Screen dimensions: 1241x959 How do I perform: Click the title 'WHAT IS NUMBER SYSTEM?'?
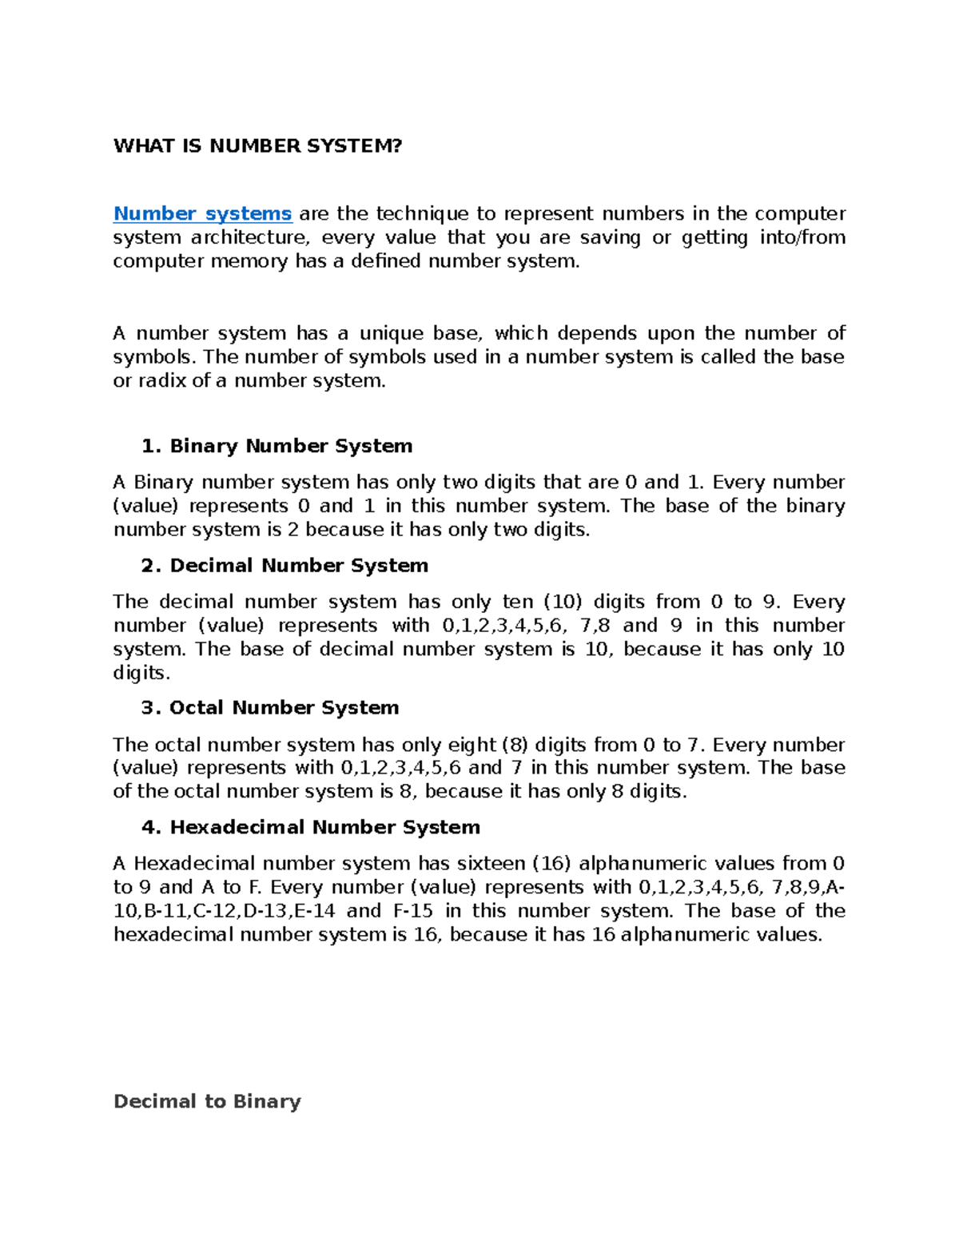[x=257, y=145]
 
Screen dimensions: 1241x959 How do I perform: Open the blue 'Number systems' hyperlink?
[x=202, y=213]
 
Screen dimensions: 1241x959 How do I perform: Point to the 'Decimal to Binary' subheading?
[x=207, y=1101]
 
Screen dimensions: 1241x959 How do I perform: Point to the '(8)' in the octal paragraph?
[x=514, y=745]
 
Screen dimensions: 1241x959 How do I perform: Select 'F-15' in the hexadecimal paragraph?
[x=413, y=911]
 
